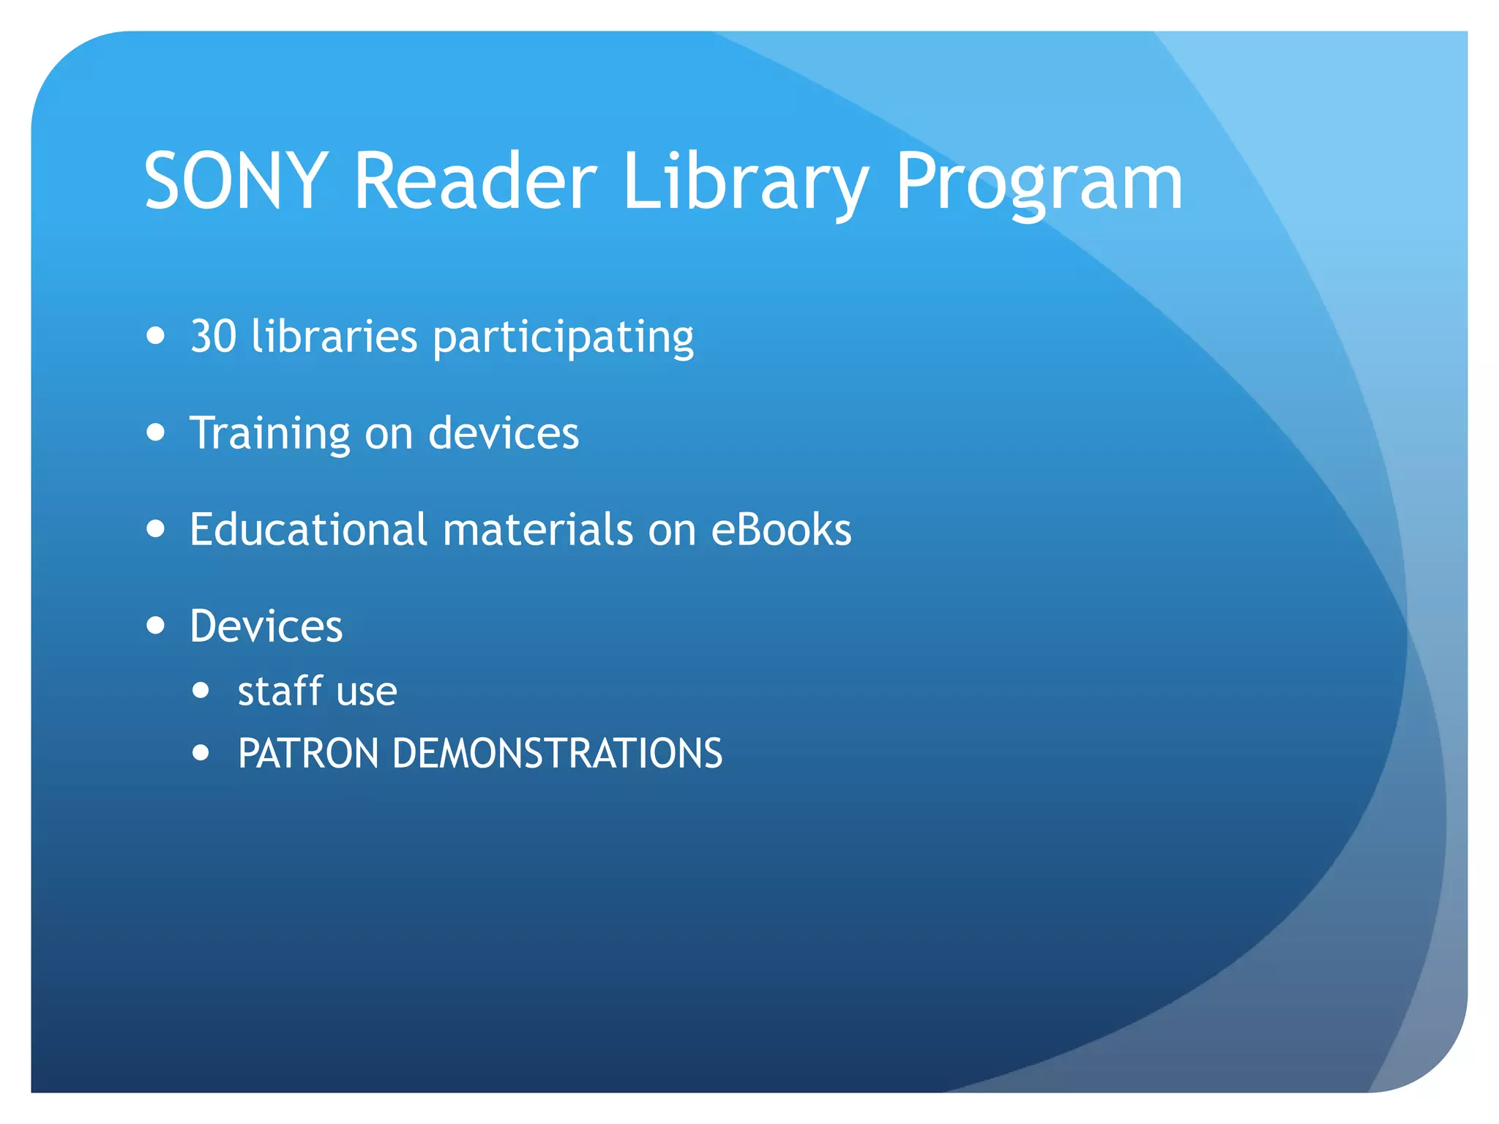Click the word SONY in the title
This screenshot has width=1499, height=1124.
coord(236,181)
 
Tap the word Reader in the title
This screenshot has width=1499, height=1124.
coord(475,181)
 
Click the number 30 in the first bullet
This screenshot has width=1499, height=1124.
coord(214,337)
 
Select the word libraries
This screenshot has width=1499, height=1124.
coord(334,337)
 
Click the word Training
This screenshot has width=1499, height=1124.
coord(270,434)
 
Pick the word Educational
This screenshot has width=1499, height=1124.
coord(308,529)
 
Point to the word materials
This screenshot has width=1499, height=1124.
coord(538,529)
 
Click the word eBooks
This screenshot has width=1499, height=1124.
coord(782,529)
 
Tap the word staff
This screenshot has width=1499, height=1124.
coord(280,691)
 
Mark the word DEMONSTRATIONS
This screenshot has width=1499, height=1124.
coord(557,754)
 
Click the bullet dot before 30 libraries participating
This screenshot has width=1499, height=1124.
coord(155,336)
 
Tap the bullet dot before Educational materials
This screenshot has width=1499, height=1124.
coord(155,528)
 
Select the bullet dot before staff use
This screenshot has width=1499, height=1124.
coord(201,690)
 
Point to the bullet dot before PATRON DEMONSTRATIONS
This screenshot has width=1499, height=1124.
coord(201,752)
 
